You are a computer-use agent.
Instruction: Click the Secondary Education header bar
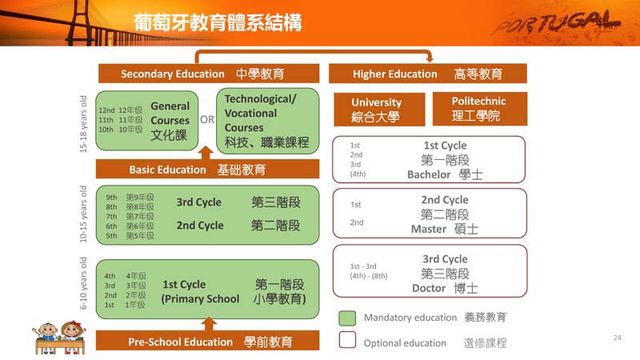coord(209,74)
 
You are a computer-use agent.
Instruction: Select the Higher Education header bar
coord(428,74)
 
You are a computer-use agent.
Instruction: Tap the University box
coord(379,110)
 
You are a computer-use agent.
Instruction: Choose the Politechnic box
coord(479,109)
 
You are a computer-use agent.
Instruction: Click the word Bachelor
coord(429,174)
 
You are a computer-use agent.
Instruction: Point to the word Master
coord(428,229)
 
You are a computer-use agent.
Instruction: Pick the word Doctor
coord(429,288)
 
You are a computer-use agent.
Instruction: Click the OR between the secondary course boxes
coord(207,119)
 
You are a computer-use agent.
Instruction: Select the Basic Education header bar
coord(207,169)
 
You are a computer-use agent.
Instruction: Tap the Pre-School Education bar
coord(207,341)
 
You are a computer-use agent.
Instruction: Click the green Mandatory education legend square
coord(347,318)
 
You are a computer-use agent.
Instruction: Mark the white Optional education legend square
coord(347,339)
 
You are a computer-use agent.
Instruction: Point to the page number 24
coord(617,338)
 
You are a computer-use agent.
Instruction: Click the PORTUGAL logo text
coord(557,24)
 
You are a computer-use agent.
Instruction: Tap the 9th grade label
coord(111,197)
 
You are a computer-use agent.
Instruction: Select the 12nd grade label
coord(106,110)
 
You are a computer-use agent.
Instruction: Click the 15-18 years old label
coord(83,124)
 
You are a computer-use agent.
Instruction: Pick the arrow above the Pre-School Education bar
coord(209,324)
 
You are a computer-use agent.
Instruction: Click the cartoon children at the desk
coord(60,338)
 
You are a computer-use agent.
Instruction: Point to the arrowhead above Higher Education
coord(429,58)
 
